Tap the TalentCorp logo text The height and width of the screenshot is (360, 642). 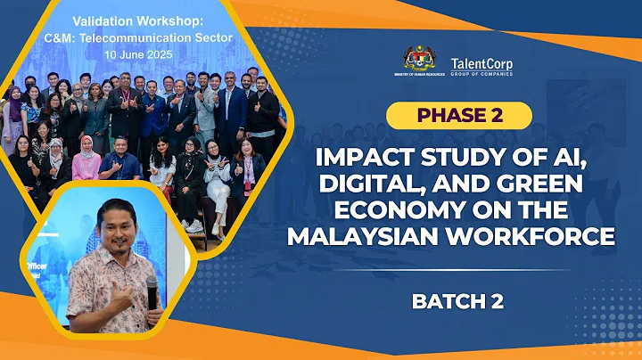point(481,63)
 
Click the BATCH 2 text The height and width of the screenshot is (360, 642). point(457,301)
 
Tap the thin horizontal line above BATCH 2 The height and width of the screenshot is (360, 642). point(457,270)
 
